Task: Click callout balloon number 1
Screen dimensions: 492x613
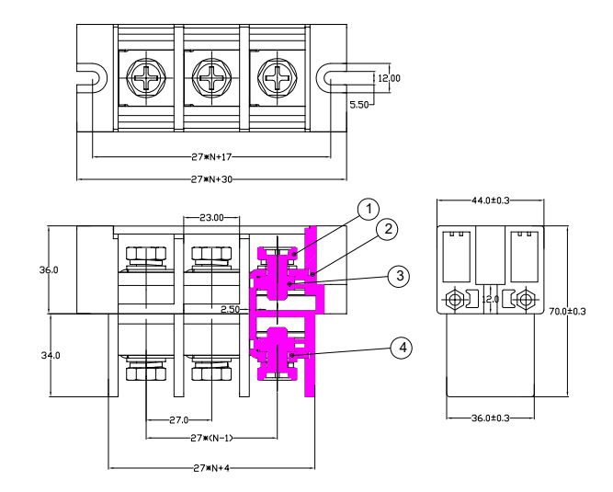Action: tap(368, 210)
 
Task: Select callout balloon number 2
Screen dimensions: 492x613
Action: tap(389, 229)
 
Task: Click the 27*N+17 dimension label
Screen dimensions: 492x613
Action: tap(210, 156)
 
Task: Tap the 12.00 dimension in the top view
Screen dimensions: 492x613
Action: tap(389, 78)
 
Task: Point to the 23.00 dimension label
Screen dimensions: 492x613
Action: tap(210, 217)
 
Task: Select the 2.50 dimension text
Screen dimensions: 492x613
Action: tap(229, 310)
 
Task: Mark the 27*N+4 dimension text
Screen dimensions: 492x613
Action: tap(210, 467)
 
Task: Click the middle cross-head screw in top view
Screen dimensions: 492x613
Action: tap(210, 78)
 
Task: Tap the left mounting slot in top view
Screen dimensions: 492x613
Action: tap(89, 78)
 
